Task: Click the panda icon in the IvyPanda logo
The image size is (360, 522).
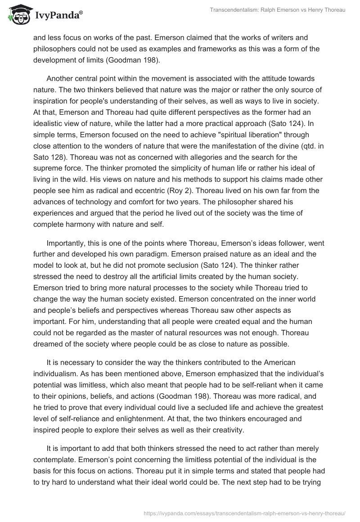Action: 18,14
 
